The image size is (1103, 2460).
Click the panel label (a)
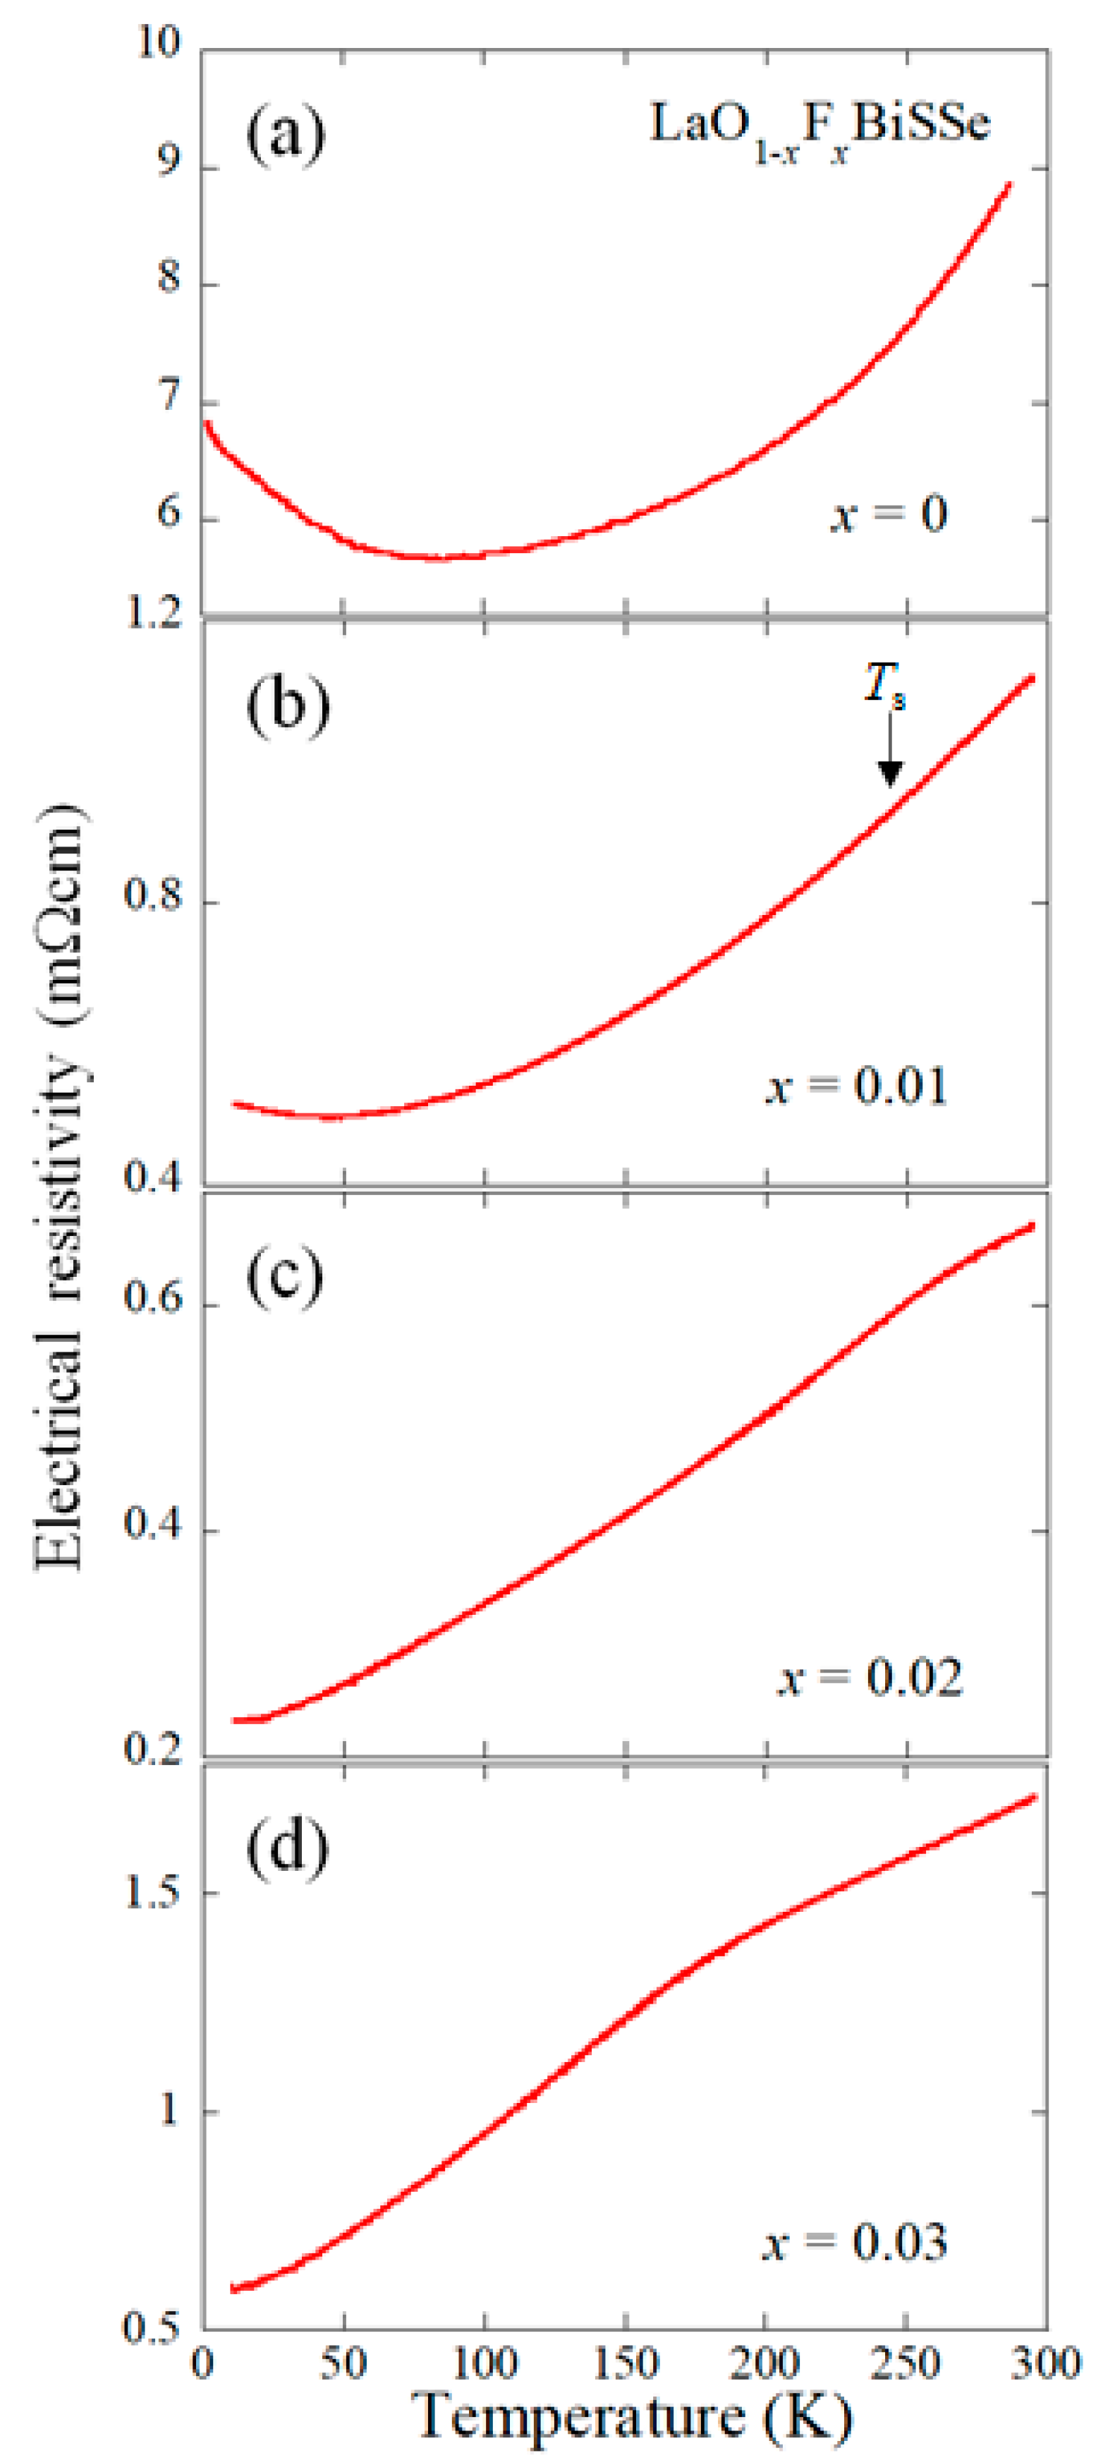point(286,135)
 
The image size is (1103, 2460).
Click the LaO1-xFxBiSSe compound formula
point(819,129)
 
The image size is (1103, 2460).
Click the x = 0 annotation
point(888,515)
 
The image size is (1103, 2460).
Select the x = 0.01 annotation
point(857,1086)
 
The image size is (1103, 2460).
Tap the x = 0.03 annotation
point(855,2241)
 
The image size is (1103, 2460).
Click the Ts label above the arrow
point(884,686)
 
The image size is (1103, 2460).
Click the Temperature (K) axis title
point(634,2418)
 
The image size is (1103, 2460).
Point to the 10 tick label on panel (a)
point(159,43)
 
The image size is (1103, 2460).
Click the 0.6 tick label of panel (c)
point(153,1301)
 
